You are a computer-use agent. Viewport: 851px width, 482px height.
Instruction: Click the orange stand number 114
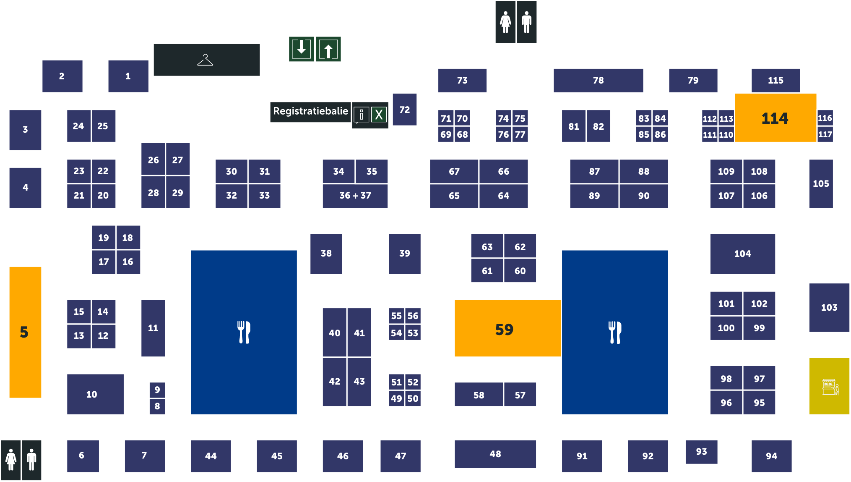click(775, 118)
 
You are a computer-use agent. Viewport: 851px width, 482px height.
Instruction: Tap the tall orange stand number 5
click(25, 332)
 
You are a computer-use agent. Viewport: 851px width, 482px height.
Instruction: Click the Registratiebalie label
click(310, 111)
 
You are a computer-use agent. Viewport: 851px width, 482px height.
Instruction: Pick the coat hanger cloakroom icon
click(206, 60)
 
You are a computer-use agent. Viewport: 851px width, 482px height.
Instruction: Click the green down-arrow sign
click(301, 49)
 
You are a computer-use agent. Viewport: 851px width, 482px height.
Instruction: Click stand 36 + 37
click(355, 196)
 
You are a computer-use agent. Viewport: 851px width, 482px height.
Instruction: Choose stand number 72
click(404, 110)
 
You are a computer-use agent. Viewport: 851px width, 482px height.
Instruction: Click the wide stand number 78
click(598, 80)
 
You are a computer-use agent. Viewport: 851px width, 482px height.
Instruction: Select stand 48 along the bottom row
click(495, 454)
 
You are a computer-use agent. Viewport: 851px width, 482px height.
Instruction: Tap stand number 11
click(153, 328)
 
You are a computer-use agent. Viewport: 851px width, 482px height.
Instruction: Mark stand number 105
click(821, 183)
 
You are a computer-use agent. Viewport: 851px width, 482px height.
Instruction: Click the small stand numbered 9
click(157, 390)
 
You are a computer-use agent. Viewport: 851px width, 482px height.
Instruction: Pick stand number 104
click(742, 254)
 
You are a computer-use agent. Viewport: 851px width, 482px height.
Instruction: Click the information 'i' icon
click(362, 114)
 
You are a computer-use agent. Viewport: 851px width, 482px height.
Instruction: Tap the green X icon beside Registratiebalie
click(379, 114)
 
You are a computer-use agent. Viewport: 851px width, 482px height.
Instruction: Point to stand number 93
click(701, 451)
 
